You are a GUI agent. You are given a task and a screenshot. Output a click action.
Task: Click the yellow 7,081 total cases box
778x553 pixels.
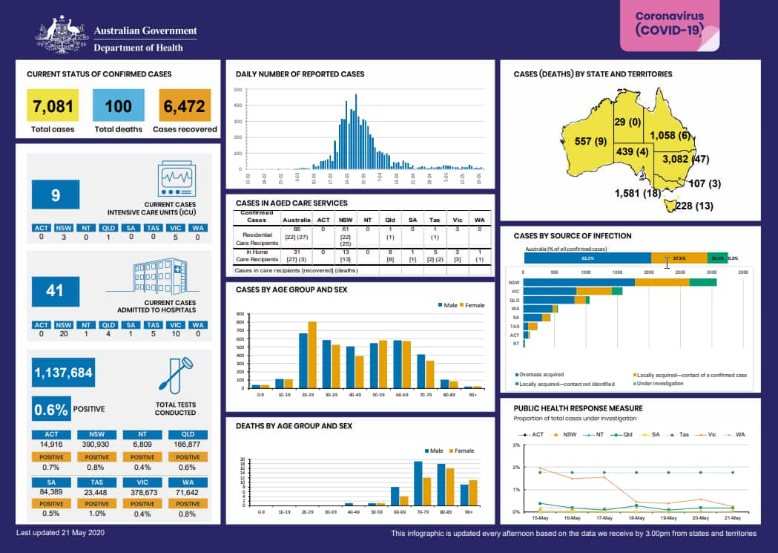pos(53,105)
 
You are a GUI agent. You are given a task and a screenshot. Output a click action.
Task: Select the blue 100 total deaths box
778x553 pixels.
pos(118,105)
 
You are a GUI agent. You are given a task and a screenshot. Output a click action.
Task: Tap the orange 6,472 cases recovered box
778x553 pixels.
pos(185,105)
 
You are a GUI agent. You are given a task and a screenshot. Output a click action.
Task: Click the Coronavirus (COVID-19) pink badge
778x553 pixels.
pos(669,24)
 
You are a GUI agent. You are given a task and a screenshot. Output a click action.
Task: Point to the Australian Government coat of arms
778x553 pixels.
pos(62,36)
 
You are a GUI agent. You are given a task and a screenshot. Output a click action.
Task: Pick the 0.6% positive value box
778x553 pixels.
pos(51,409)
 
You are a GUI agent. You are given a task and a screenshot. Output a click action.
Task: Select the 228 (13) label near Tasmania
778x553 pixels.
pos(693,206)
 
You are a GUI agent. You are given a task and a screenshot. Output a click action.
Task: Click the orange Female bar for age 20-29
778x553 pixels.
pos(312,355)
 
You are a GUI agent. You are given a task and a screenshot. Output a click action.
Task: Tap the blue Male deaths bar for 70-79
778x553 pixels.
pos(418,483)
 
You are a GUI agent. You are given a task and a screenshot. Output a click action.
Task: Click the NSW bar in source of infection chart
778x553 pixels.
pos(620,282)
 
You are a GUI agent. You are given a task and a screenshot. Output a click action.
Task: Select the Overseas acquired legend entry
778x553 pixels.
pos(542,375)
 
